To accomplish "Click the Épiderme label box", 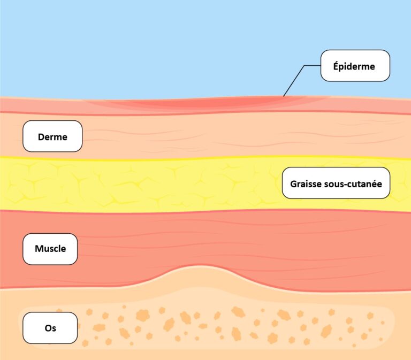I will pyautogui.click(x=355, y=66).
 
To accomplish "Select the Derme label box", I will pyautogui.click(x=52, y=136).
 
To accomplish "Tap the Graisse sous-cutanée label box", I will pyautogui.click(x=336, y=183).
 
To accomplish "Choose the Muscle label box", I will pyautogui.click(x=50, y=249).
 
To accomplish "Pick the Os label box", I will pyautogui.click(x=50, y=327).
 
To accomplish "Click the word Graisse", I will pyautogui.click(x=306, y=183).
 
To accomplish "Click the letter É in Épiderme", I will pyautogui.click(x=336, y=66).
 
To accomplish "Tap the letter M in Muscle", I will pyautogui.click(x=38, y=249).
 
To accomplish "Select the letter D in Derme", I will pyautogui.click(x=41, y=136).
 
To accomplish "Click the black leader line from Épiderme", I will pyautogui.click(x=294, y=80).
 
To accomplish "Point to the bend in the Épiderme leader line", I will pyautogui.click(x=305, y=66).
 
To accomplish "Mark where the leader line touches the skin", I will pyautogui.click(x=284, y=96).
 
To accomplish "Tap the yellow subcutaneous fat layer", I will pyautogui.click(x=161, y=185).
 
